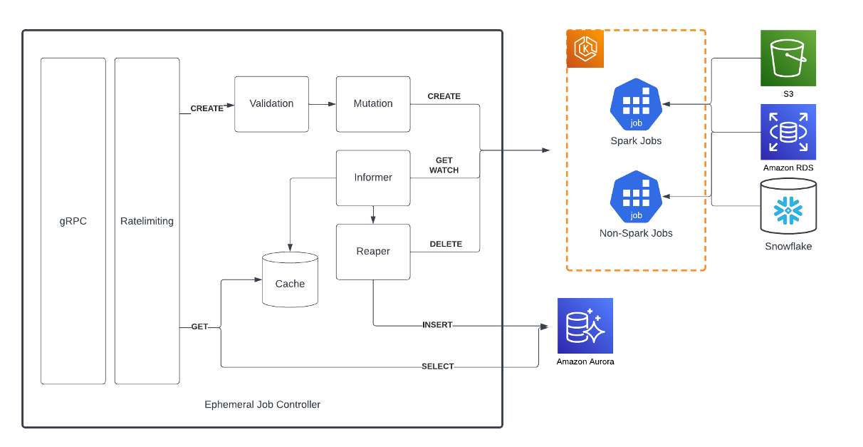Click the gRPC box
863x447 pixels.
(73, 221)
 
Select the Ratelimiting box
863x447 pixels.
(147, 221)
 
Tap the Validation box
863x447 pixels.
(271, 104)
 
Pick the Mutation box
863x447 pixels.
(373, 104)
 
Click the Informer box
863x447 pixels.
(373, 178)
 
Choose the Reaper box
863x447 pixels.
(373, 251)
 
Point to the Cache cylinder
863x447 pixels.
(290, 280)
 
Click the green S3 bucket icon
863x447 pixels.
(788, 58)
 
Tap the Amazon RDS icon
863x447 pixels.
(788, 132)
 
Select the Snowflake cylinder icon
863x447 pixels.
(788, 207)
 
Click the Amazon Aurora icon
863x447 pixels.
(585, 326)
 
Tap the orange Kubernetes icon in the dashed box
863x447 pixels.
(585, 49)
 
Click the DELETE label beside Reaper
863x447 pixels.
(446, 244)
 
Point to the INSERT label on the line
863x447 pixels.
(437, 325)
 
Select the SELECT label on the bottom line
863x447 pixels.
(437, 366)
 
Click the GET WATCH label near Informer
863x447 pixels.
(444, 165)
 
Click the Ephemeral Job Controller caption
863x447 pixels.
(262, 404)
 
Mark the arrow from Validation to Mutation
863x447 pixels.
(323, 104)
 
